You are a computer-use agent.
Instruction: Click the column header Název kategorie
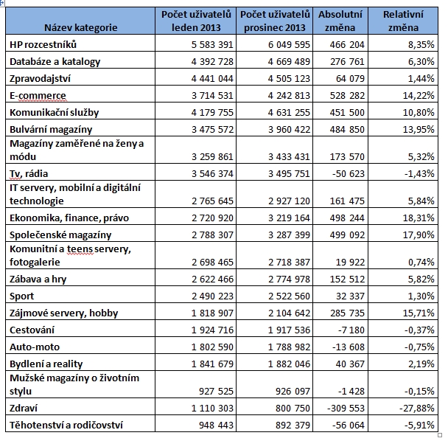click(x=80, y=27)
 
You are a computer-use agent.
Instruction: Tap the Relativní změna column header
click(x=405, y=21)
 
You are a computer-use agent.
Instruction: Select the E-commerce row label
click(x=38, y=96)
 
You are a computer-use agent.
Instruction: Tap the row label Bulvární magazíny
click(x=51, y=130)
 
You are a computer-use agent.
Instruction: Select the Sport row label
click(x=22, y=296)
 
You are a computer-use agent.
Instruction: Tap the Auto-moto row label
click(x=35, y=347)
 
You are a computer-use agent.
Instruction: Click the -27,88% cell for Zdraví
click(x=418, y=407)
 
